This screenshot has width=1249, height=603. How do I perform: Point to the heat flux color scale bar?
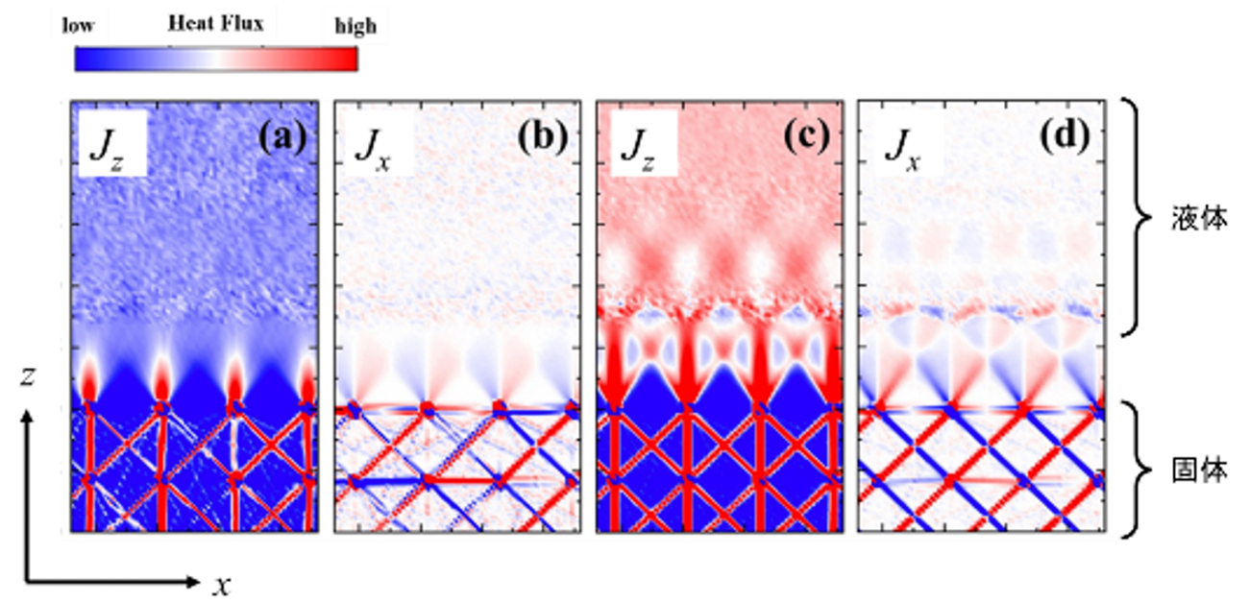click(216, 60)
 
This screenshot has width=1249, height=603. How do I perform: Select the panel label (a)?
click(282, 139)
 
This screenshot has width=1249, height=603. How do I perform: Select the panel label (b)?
click(543, 139)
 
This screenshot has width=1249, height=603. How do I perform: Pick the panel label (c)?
click(807, 139)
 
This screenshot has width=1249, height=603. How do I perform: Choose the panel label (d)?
click(1066, 139)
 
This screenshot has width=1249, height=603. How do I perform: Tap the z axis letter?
click(29, 377)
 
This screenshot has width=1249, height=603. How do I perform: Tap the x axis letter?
click(221, 584)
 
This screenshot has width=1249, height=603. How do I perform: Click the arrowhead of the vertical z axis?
click(29, 416)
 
